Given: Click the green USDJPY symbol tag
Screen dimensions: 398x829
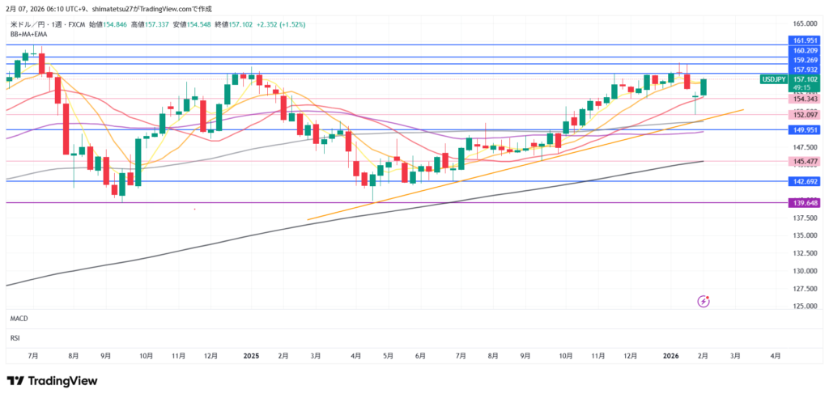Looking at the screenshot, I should (x=773, y=79).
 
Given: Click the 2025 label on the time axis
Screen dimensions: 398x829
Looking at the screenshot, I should (x=251, y=355).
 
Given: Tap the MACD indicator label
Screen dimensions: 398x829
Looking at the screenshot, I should (x=19, y=320).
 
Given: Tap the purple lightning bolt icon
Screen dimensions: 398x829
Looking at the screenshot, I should (x=704, y=301).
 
